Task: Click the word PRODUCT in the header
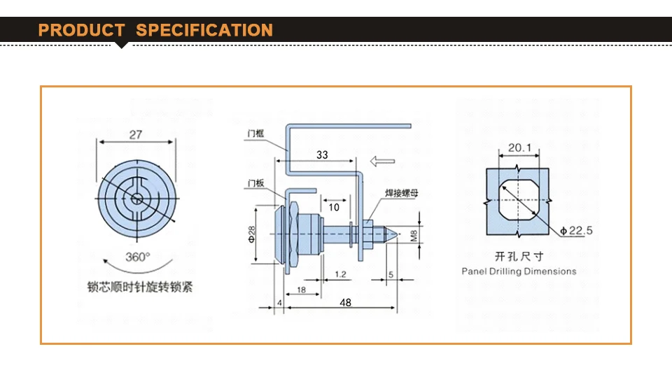[81, 30]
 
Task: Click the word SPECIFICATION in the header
[204, 30]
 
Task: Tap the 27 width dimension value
[136, 135]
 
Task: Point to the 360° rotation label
[138, 257]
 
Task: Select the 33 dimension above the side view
[322, 155]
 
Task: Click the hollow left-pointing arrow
[382, 161]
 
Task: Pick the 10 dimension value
[334, 208]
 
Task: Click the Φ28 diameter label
[251, 234]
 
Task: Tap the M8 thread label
[414, 236]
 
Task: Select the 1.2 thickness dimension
[341, 274]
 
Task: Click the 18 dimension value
[301, 290]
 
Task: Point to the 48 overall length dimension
[345, 303]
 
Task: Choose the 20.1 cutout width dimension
[519, 148]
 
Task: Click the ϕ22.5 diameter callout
[576, 230]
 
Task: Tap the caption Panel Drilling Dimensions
[519, 271]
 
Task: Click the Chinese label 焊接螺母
[402, 193]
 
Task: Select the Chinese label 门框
[255, 134]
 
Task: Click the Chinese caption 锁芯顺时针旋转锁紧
[140, 287]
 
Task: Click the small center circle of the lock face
[137, 199]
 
